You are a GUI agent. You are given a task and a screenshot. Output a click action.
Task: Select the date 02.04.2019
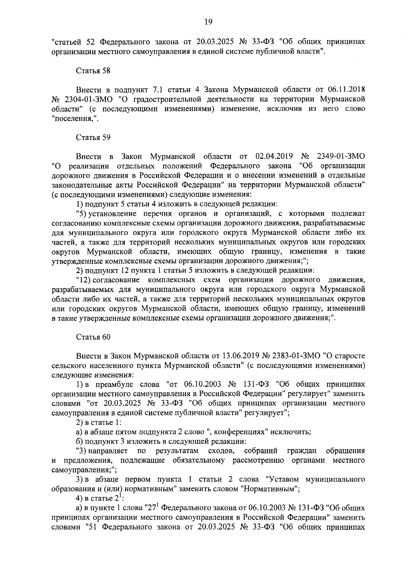point(274,156)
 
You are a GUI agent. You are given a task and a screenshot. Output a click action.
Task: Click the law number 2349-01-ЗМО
point(341,156)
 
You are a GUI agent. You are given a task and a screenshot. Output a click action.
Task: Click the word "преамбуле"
point(115,384)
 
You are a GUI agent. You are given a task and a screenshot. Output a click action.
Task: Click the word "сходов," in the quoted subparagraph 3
point(222,451)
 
